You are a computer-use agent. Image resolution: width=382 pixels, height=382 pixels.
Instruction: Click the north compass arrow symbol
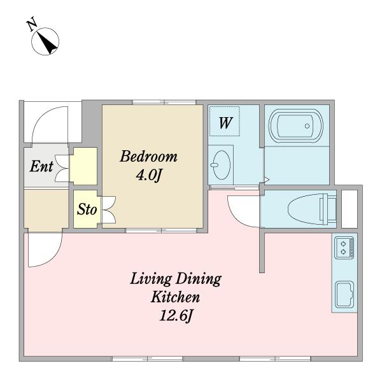(45, 41)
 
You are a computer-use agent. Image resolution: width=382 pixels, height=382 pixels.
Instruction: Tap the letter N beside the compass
(32, 24)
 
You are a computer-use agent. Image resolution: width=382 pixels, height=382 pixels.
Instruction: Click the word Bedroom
(148, 157)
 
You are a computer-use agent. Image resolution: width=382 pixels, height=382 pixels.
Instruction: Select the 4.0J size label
(148, 174)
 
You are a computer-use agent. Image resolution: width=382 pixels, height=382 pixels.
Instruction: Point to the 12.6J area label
(176, 316)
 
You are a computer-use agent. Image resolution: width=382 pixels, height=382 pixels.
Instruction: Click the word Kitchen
(176, 297)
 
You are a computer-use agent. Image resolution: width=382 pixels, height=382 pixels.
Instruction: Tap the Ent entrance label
(41, 166)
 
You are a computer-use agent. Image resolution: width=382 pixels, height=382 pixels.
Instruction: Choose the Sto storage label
(87, 209)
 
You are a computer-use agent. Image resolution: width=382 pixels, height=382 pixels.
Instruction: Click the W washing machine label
(225, 123)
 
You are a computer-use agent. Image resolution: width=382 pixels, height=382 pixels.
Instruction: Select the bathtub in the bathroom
(296, 125)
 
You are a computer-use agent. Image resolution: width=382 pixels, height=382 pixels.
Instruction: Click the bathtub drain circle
(307, 126)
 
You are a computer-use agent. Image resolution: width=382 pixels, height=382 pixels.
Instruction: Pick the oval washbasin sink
(221, 165)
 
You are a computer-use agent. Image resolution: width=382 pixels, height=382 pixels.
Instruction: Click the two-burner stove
(344, 248)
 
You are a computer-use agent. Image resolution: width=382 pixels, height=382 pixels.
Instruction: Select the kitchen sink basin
(344, 295)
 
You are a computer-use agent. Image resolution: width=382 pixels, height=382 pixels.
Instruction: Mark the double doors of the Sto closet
(108, 209)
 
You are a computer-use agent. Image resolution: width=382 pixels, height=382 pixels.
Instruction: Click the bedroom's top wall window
(164, 102)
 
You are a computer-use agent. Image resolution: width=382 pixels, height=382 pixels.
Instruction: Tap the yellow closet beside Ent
(83, 166)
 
